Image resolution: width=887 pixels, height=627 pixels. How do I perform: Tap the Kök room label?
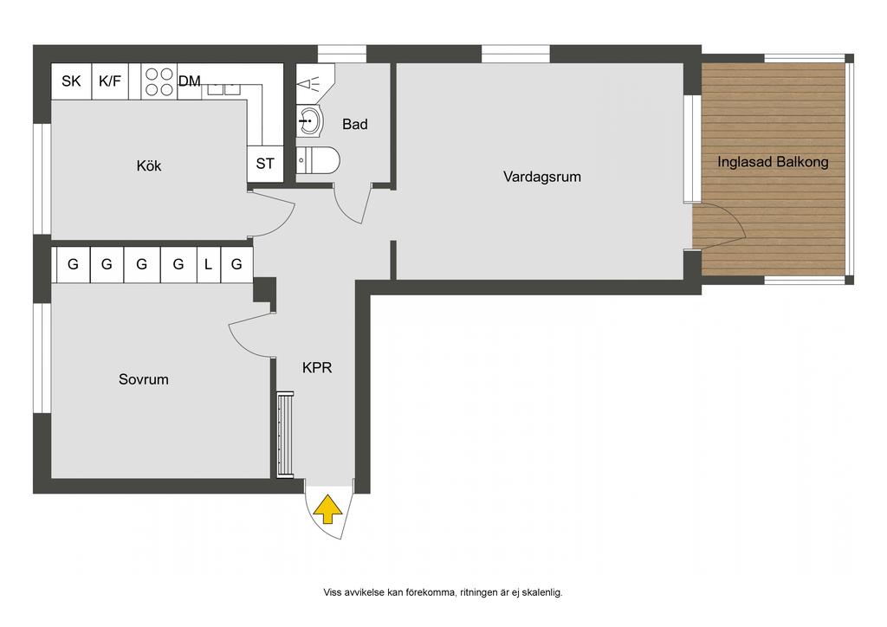click(149, 165)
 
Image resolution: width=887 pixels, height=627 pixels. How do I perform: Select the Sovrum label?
click(143, 379)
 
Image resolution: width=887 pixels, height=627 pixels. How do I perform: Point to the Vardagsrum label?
click(542, 177)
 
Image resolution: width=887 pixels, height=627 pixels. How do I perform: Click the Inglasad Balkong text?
click(773, 162)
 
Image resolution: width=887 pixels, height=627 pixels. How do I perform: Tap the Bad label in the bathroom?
click(354, 124)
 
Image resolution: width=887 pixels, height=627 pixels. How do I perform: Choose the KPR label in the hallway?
click(317, 367)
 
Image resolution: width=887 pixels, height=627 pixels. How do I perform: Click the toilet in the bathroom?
click(317, 160)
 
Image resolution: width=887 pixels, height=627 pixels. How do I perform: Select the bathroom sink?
click(309, 120)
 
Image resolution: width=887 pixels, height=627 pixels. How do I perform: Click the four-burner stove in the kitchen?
click(159, 81)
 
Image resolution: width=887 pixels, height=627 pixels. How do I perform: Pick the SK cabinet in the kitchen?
click(71, 81)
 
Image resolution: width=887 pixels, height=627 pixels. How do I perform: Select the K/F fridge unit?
click(110, 81)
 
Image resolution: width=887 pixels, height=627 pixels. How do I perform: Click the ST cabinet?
click(265, 164)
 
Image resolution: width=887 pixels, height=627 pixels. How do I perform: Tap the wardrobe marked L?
click(208, 264)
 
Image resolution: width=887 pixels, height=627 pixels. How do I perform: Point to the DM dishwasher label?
click(190, 81)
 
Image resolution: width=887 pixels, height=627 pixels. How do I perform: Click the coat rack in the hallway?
click(285, 434)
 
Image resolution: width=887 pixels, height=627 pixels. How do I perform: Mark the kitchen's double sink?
click(223, 89)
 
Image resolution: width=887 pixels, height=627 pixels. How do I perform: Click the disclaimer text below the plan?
click(443, 592)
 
